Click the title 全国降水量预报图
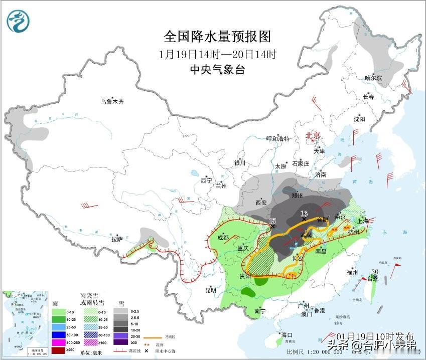pyautogui.click(x=217, y=37)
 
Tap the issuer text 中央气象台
pyautogui.click(x=217, y=70)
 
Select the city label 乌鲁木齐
pyautogui.click(x=111, y=102)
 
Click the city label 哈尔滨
pyautogui.click(x=373, y=78)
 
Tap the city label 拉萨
pyautogui.click(x=117, y=240)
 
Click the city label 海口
pyautogui.click(x=287, y=334)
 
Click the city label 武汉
pyautogui.click(x=306, y=234)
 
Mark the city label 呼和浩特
pyautogui.click(x=277, y=139)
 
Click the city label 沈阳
pyautogui.click(x=359, y=119)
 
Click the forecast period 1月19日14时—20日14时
pyautogui.click(x=217, y=54)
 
